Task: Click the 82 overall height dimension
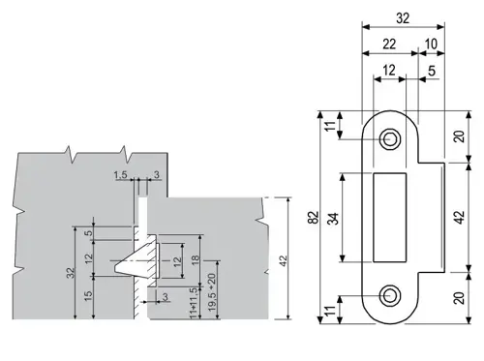[x=313, y=217]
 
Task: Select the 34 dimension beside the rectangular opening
[x=333, y=219]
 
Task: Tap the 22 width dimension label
[x=389, y=44]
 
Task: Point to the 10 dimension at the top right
[x=431, y=44]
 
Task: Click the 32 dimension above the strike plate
[x=403, y=18]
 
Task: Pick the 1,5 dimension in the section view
[x=120, y=175]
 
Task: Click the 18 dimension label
[x=196, y=260]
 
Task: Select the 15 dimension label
[x=88, y=296]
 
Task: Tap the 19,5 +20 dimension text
[x=212, y=292]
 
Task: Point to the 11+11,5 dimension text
[x=194, y=303]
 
